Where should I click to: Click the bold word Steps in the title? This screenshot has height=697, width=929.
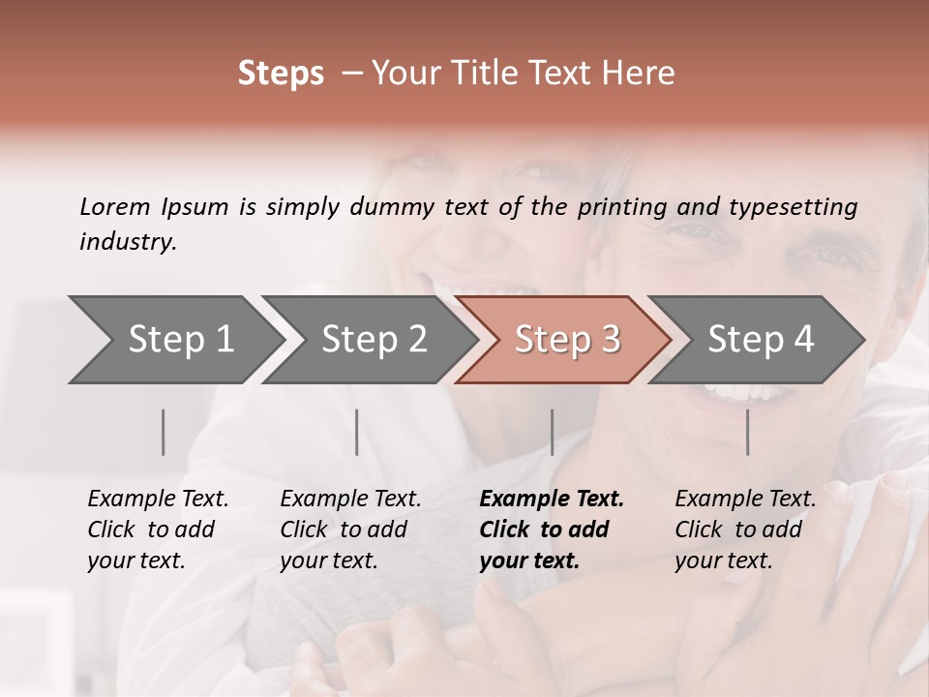coord(281,74)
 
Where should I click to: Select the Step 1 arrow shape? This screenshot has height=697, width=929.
coord(174,340)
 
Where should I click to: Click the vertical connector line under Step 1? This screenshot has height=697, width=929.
coord(164,432)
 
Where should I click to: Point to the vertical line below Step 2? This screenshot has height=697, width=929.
coord(357,432)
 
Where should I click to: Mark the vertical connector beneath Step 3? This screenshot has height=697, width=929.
coord(552,432)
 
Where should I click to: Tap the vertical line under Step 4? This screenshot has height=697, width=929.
coord(747,432)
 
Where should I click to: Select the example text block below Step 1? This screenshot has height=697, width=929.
coord(158,530)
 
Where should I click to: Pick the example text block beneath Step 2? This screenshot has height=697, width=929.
coord(350,530)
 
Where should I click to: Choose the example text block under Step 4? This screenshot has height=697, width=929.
coord(745,530)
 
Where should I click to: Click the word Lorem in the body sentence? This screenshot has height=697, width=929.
coord(115,207)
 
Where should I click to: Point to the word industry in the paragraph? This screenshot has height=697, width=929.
coord(128,242)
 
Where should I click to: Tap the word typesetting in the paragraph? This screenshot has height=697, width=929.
coord(793,207)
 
